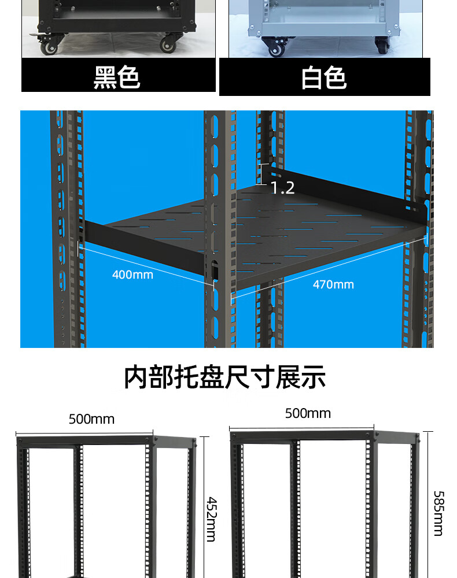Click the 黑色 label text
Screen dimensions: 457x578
click(x=117, y=77)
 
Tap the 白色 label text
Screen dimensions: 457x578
click(x=324, y=78)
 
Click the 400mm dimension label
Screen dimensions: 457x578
click(x=132, y=275)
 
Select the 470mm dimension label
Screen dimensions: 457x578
click(x=333, y=284)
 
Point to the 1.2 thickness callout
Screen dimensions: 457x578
click(x=282, y=188)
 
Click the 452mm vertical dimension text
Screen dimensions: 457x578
click(x=212, y=519)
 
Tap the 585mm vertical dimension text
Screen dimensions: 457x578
click(x=438, y=513)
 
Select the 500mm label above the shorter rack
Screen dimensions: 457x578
click(x=91, y=419)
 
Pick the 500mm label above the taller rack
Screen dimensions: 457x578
click(x=308, y=413)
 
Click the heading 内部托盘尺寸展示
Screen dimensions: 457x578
click(x=224, y=377)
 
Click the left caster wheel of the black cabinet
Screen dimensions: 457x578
click(x=49, y=47)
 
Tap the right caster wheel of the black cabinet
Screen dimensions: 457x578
click(x=168, y=45)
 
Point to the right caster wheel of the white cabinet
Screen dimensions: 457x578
click(x=382, y=46)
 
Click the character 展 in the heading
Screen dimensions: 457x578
click(x=288, y=377)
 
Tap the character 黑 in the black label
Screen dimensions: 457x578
click(x=105, y=77)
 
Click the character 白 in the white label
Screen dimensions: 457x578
click(x=312, y=78)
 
